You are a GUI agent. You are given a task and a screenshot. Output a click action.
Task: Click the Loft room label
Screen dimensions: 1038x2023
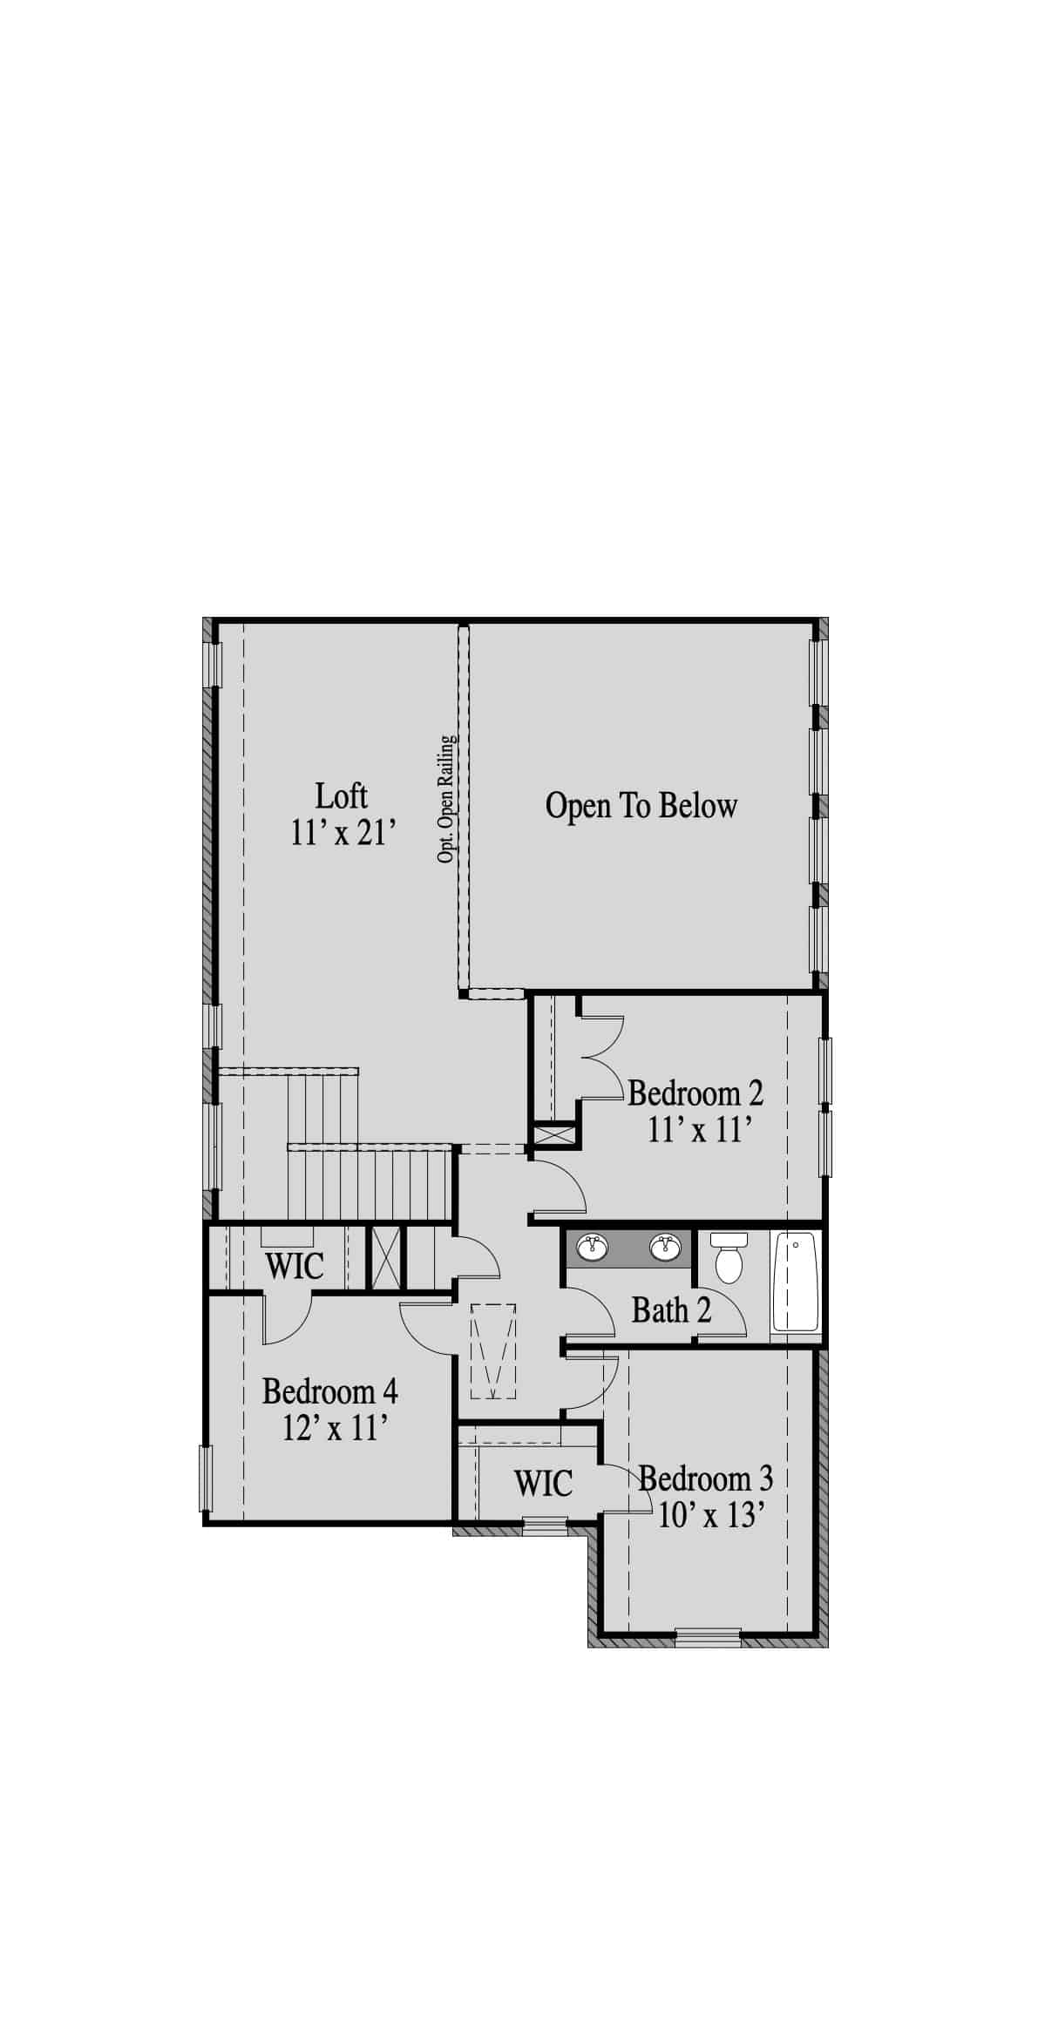(x=342, y=796)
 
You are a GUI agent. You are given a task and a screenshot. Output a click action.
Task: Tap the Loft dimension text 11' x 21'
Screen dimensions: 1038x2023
(x=343, y=834)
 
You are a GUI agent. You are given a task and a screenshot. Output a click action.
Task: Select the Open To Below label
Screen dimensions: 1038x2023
(x=641, y=806)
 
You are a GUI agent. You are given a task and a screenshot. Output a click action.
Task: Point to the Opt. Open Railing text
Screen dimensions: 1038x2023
(x=446, y=800)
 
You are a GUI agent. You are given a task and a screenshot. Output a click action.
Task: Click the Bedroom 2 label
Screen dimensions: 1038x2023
(x=695, y=1093)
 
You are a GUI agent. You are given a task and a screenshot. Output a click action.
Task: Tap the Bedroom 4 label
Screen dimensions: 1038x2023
(x=330, y=1391)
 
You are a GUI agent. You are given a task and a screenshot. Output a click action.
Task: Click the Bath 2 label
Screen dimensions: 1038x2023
(x=671, y=1310)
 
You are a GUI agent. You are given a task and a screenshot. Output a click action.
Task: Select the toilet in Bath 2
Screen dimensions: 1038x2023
(x=727, y=1257)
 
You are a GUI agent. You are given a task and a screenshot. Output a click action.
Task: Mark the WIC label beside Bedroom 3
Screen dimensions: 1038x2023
(x=543, y=1483)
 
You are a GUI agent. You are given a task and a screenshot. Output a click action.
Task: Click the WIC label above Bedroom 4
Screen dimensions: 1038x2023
(x=295, y=1266)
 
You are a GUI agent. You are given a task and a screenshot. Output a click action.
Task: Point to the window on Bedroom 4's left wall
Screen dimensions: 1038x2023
(x=207, y=1478)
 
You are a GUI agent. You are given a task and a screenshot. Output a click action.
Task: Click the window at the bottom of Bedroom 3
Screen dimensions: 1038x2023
(x=708, y=1638)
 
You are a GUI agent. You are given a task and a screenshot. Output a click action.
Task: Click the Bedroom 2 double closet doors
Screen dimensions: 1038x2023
(x=601, y=1059)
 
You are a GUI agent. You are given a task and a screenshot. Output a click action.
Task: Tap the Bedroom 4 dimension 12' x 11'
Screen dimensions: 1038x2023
(x=335, y=1428)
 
